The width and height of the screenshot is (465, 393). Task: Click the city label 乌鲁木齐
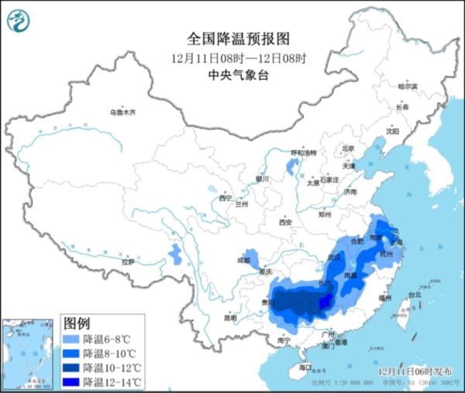coord(122,113)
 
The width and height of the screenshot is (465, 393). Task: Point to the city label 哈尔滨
coord(407,87)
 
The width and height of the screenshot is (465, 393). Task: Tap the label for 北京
coord(348,149)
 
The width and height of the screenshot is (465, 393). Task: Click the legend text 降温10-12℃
coord(112,367)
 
